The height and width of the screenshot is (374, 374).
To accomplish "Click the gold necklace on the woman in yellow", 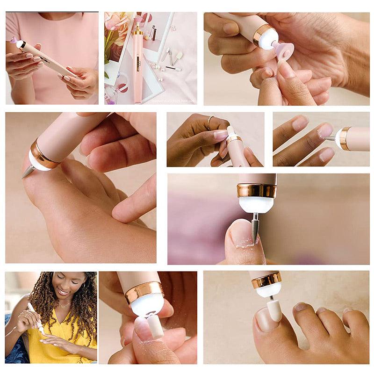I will (x=63, y=306).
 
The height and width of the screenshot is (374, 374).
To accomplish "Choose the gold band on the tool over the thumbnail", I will (x=257, y=190).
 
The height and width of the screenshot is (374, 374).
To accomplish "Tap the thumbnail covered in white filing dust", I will (x=241, y=234).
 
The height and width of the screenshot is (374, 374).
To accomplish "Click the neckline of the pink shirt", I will (x=51, y=17).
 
